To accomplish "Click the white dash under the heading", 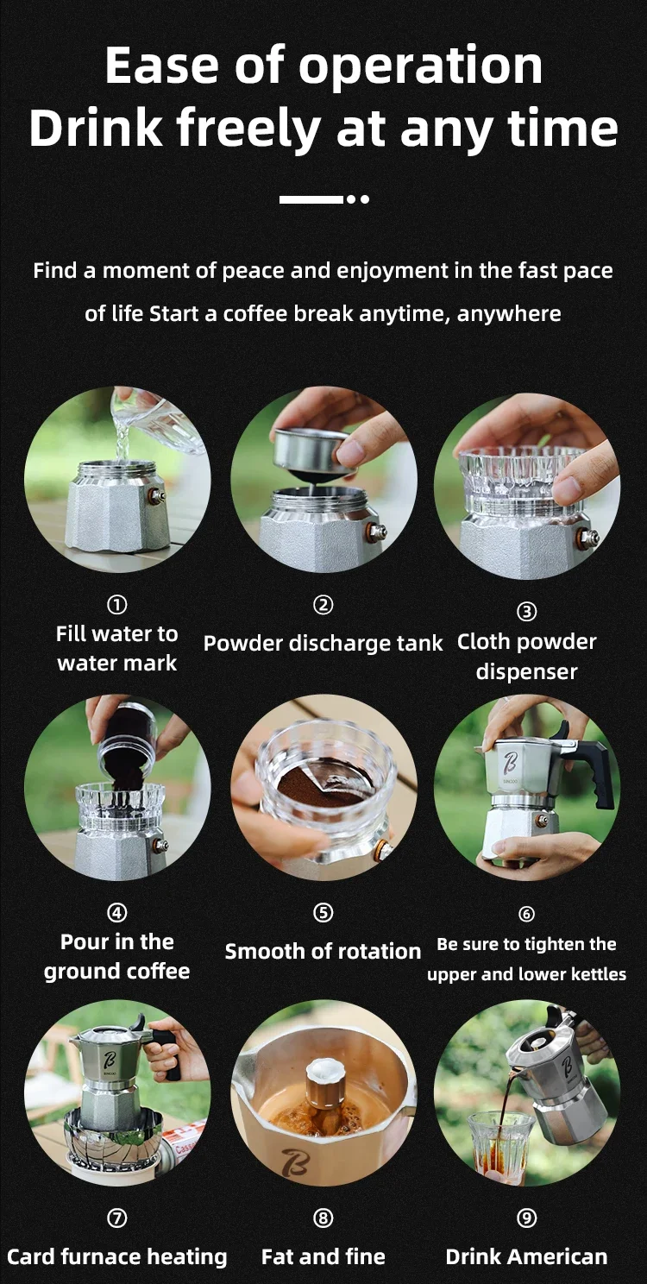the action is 311,199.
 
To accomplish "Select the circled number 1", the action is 117,604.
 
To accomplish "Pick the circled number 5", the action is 323,912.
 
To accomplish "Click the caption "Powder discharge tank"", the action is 323,643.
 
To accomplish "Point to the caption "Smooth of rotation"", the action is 323,951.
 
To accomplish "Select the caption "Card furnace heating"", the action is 117,1257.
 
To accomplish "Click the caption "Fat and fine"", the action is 323,1256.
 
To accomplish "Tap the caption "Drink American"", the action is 526,1256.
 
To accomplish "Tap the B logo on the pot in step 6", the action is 510,763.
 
